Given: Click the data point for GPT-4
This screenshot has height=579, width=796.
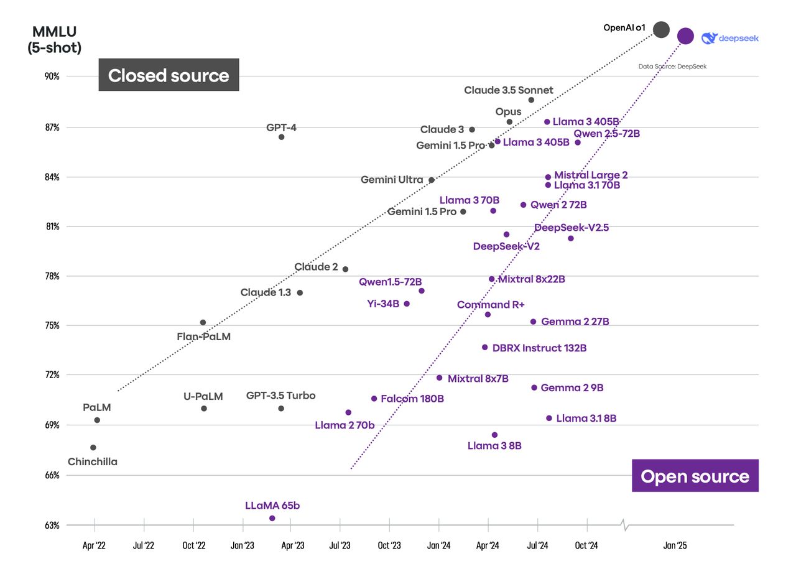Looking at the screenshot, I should click(x=281, y=137).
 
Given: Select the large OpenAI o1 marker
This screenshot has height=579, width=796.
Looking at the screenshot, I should click(x=661, y=29).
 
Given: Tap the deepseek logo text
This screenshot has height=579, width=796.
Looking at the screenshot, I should click(x=738, y=39).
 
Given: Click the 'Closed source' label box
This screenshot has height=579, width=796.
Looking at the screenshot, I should click(x=169, y=75).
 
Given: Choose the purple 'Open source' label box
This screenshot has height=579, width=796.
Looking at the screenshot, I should click(x=695, y=476).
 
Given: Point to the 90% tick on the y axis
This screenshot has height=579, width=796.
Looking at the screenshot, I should click(x=52, y=76).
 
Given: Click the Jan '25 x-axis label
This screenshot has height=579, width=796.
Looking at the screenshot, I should click(x=675, y=546).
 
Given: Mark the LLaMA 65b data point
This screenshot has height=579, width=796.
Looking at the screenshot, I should click(x=272, y=518).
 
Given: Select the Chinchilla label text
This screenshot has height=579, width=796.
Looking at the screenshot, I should click(x=92, y=462).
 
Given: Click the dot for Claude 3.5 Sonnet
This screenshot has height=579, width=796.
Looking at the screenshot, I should click(x=531, y=100).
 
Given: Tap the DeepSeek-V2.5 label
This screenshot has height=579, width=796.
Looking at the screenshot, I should click(x=571, y=228).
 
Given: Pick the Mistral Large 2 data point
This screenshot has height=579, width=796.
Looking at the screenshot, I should click(x=548, y=177).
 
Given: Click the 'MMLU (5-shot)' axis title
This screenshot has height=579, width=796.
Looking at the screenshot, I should click(x=54, y=40).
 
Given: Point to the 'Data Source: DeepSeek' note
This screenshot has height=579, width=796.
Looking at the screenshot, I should click(x=672, y=67).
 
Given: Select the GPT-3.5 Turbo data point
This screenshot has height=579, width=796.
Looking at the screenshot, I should click(x=281, y=409).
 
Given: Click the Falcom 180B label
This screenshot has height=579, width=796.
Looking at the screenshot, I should click(x=412, y=399).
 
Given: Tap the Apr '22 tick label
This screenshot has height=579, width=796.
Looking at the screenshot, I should click(x=94, y=546).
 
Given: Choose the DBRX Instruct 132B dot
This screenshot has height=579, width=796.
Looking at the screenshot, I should click(x=484, y=347).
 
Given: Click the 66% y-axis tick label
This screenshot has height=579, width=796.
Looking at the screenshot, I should click(x=52, y=475).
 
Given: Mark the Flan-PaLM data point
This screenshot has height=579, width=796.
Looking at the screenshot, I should click(x=203, y=322).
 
